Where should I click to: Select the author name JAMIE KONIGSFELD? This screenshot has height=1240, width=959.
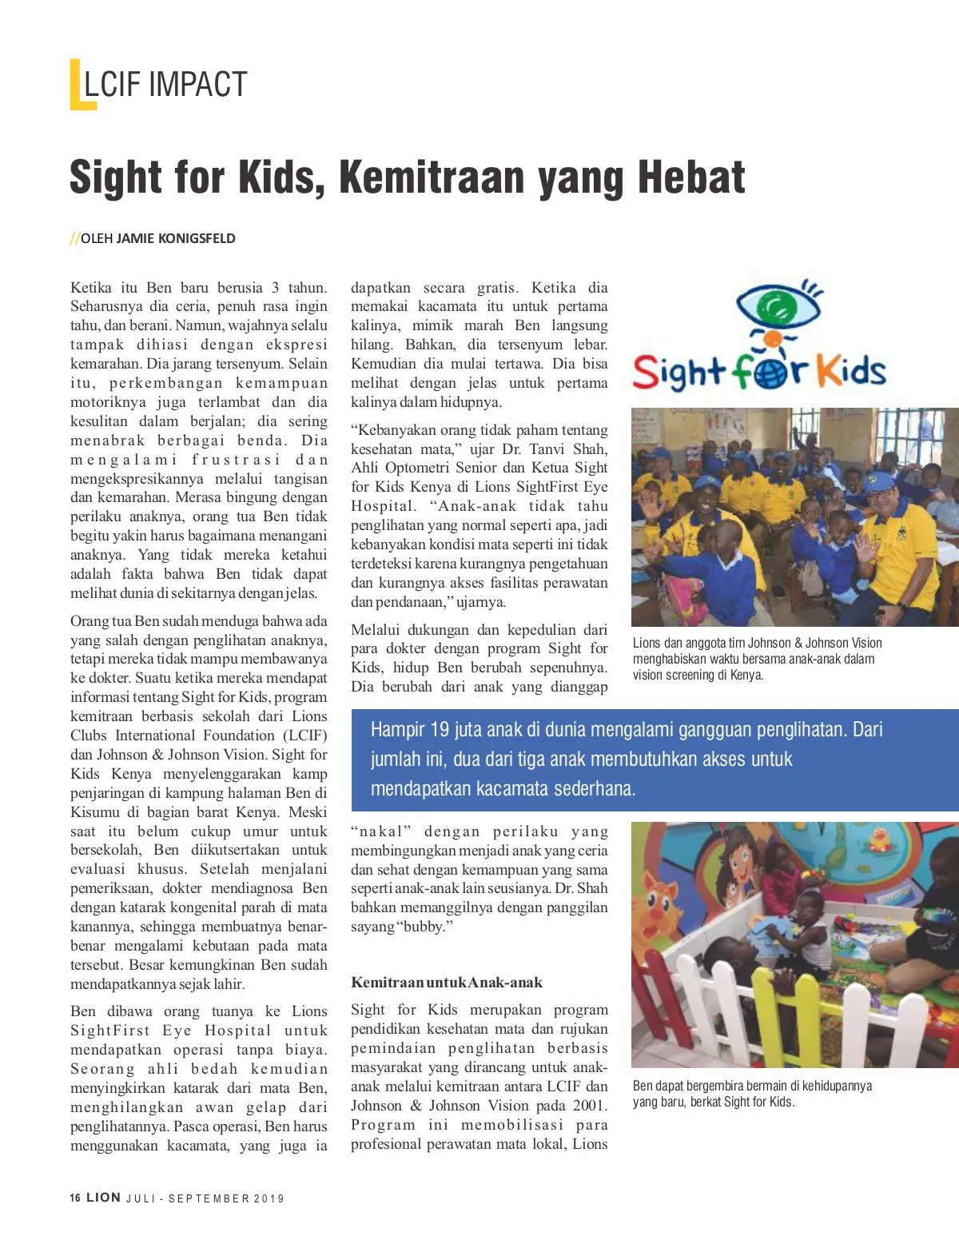point(176,238)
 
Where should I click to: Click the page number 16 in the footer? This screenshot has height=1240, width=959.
point(75,1198)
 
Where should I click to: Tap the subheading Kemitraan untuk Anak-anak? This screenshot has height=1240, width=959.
point(446,983)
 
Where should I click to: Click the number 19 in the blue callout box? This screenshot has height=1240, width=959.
point(440,730)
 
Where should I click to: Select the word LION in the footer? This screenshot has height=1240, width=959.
point(104,1198)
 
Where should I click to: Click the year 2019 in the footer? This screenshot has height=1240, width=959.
point(270,1198)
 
